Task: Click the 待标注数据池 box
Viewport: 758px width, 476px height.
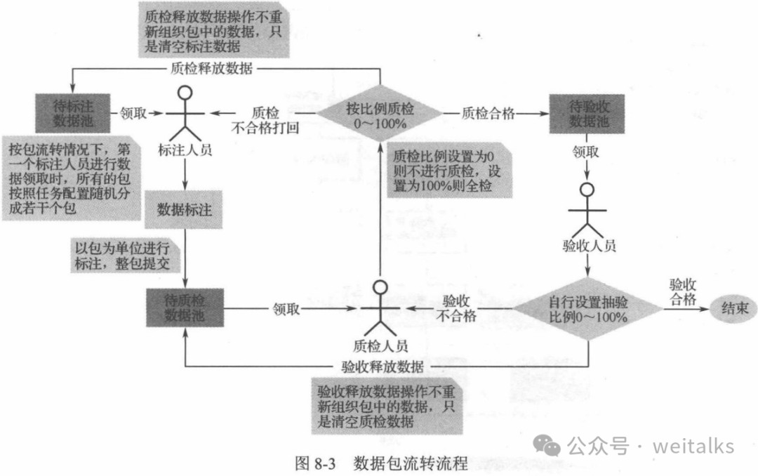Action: (x=73, y=112)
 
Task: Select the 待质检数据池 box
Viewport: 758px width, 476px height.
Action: (x=185, y=307)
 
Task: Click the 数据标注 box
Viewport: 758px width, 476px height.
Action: (x=185, y=209)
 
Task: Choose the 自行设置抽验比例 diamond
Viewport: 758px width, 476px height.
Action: (x=588, y=308)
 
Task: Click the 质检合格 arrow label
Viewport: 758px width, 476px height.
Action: (x=488, y=112)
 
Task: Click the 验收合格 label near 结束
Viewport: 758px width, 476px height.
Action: (x=681, y=291)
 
